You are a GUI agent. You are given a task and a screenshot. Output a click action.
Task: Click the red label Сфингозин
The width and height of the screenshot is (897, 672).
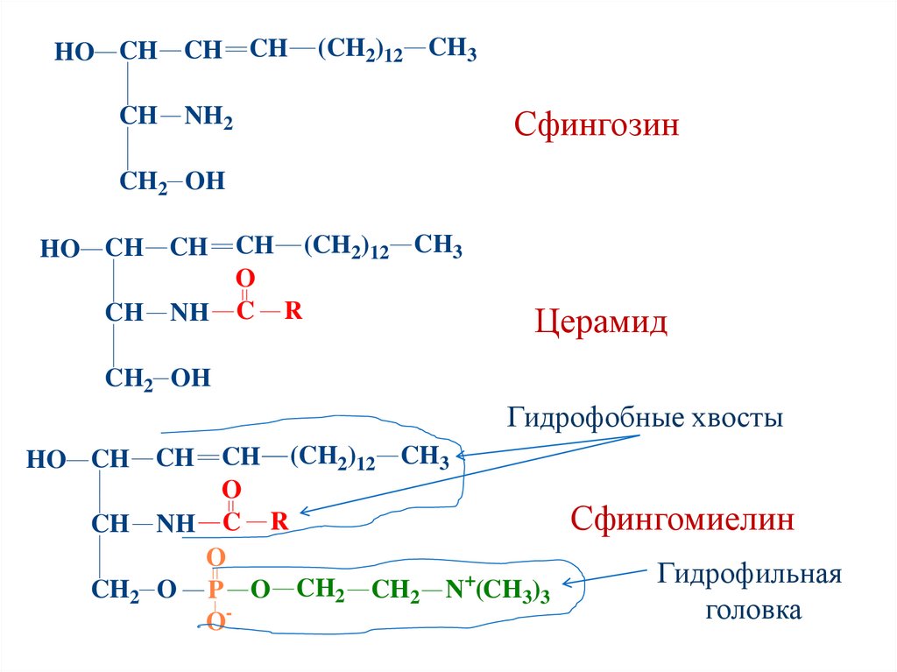[597, 126]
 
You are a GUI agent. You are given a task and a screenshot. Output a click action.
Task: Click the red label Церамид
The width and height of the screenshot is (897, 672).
[601, 322]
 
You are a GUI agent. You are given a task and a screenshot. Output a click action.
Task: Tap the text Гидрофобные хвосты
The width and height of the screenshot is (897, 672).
[644, 419]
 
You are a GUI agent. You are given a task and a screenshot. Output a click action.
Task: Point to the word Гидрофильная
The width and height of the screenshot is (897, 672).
[749, 576]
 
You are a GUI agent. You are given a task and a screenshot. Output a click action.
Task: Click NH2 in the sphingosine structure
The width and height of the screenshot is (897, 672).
[208, 117]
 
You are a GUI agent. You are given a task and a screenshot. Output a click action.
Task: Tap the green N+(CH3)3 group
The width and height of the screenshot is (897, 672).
[497, 592]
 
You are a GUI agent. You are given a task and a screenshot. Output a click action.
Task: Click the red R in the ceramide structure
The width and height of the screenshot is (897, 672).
[293, 312]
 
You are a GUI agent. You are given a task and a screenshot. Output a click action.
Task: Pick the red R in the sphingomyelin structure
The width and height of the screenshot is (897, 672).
[279, 523]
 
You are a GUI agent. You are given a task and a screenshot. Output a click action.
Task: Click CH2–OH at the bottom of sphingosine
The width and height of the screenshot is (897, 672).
[172, 182]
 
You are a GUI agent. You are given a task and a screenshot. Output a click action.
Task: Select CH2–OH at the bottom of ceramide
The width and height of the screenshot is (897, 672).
[158, 378]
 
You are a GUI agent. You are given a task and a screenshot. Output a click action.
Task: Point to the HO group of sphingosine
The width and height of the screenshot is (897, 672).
[74, 52]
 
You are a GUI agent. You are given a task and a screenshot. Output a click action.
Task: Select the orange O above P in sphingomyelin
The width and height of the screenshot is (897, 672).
[215, 557]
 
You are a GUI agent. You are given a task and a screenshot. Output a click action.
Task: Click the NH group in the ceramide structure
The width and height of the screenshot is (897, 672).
[189, 313]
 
